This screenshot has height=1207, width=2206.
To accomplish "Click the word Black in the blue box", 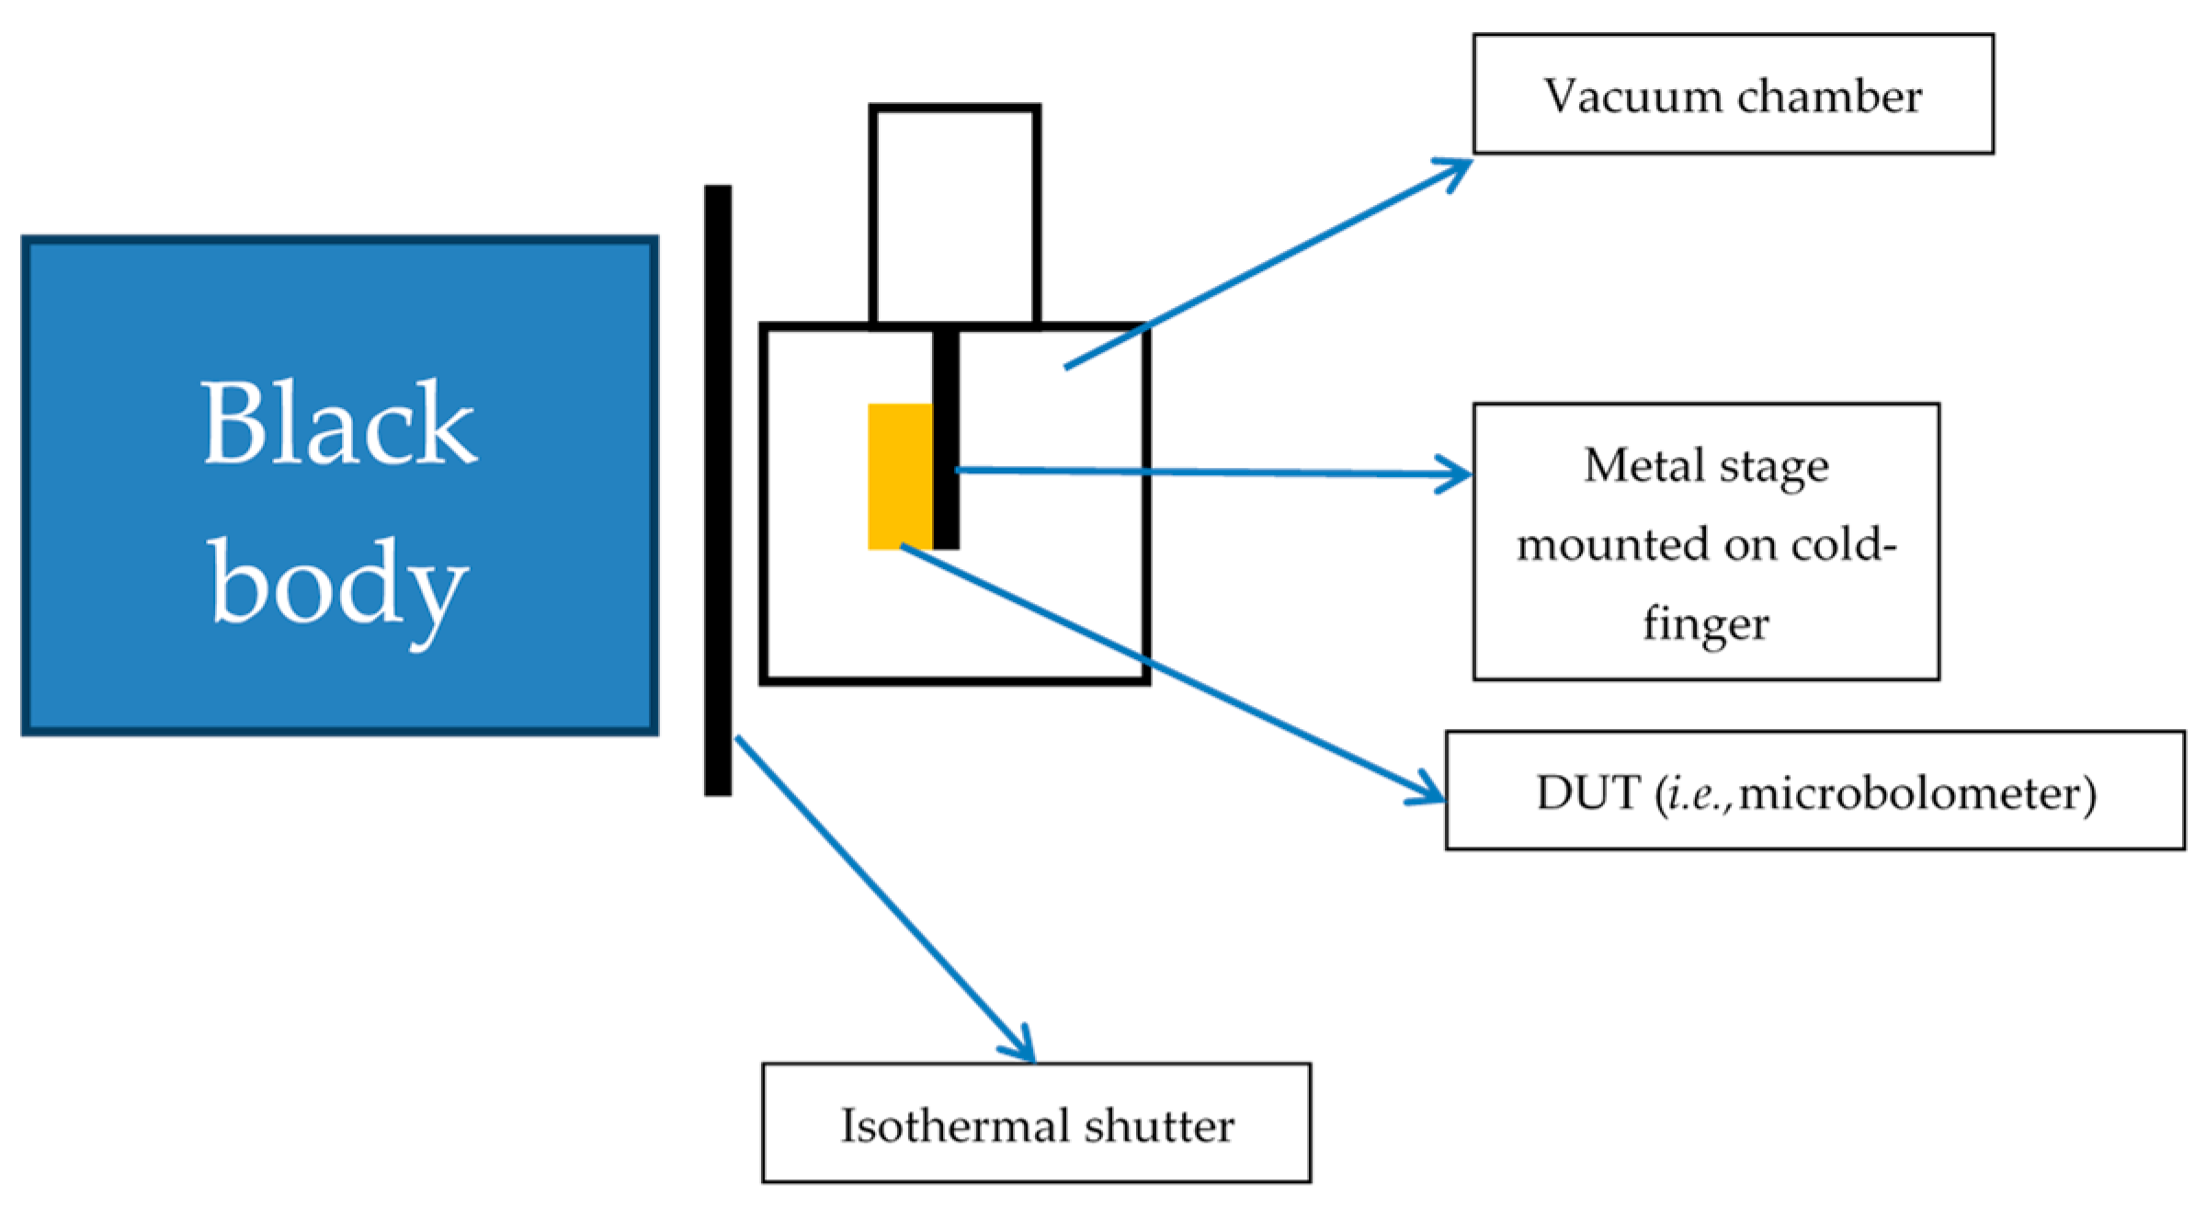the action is (339, 422).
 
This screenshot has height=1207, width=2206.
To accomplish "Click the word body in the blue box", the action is (338, 589).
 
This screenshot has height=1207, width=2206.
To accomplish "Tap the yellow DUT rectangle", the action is (900, 476).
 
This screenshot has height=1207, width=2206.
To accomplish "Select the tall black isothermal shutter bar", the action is (718, 490).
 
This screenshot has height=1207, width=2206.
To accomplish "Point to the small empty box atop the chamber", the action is (955, 216).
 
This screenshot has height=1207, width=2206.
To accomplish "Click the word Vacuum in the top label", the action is (1632, 97).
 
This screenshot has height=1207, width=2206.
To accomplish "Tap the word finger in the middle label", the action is (1706, 624).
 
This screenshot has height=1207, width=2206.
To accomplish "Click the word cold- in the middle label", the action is (1844, 544).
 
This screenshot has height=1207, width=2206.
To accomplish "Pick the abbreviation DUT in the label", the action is (1587, 792).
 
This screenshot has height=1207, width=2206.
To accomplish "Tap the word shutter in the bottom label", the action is (1159, 1125).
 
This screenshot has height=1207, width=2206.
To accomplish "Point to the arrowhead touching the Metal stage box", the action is (1455, 474).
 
